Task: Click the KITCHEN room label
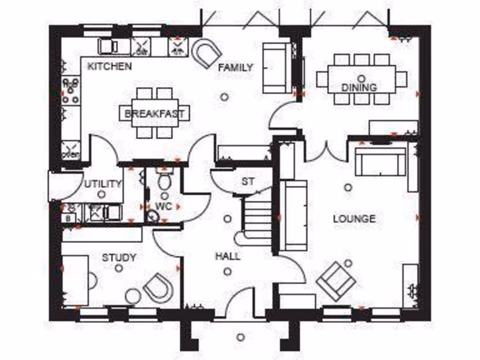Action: (x=110, y=67)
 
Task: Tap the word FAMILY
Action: (x=236, y=67)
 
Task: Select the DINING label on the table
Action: (x=359, y=87)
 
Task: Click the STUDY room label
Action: (x=119, y=257)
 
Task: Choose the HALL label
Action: (x=228, y=256)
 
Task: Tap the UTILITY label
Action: (x=103, y=184)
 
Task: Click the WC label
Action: (x=164, y=206)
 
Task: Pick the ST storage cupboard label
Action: (x=247, y=181)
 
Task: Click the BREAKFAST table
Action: (x=155, y=113)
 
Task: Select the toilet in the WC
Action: (x=164, y=180)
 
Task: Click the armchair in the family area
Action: (x=207, y=53)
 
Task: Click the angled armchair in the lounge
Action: (x=336, y=281)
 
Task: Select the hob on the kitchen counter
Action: (x=71, y=91)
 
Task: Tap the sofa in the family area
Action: (x=277, y=67)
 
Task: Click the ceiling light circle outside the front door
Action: (x=240, y=337)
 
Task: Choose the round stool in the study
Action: (x=133, y=296)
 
